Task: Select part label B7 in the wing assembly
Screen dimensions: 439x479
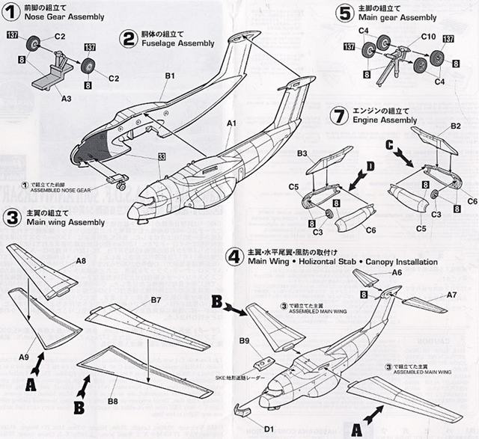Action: [x=156, y=300]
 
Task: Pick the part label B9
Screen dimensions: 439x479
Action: [x=245, y=341]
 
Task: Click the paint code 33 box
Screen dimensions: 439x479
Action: [x=162, y=156]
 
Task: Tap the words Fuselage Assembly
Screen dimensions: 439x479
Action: [x=173, y=43]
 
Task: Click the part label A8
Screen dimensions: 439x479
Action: [x=81, y=261]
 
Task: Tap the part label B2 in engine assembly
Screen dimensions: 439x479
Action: [x=455, y=128]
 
